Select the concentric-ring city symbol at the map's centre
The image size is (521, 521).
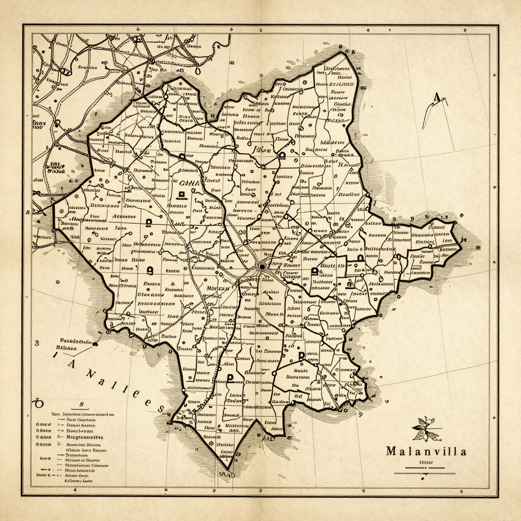(x=262, y=266)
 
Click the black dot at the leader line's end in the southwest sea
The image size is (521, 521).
(x=95, y=344)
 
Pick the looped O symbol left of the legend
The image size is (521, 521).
(x=37, y=402)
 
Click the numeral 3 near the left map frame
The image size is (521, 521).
(x=37, y=343)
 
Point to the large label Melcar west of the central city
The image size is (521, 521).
(x=218, y=288)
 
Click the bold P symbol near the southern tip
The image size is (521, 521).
(x=230, y=378)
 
